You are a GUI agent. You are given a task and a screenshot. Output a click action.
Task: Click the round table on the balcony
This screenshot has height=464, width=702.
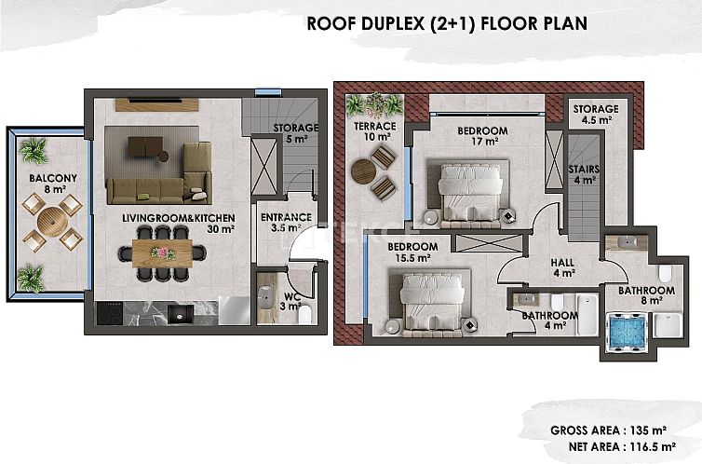53,221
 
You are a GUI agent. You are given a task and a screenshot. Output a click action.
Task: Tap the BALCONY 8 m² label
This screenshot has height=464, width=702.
53,184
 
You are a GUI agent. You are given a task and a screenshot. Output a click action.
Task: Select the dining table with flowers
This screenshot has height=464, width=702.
162,253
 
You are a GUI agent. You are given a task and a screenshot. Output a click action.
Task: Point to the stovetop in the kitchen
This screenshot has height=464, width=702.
110,313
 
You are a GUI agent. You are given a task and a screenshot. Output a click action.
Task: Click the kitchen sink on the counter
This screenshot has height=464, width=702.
181,314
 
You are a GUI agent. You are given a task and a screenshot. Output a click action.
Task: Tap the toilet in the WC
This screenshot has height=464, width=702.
305,314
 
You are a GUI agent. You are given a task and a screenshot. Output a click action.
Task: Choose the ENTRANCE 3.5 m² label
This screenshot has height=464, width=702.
286,223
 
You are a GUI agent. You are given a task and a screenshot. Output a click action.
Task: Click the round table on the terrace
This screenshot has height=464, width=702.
363,171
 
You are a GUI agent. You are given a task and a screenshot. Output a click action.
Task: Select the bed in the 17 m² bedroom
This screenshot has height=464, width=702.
470,194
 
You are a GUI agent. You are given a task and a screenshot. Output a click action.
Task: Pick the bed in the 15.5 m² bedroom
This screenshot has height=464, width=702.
432,303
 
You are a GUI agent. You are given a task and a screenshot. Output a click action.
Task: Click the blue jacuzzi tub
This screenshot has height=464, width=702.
627,332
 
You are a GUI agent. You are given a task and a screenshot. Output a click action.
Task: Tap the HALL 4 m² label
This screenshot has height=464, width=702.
563,267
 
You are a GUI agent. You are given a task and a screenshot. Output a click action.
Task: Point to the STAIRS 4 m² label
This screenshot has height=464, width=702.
585,174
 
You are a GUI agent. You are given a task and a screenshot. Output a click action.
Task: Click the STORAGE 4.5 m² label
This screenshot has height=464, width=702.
596,115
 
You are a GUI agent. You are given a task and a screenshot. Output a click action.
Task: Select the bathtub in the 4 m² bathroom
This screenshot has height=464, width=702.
587,315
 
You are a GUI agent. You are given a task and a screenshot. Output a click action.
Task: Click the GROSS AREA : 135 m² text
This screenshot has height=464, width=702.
609,430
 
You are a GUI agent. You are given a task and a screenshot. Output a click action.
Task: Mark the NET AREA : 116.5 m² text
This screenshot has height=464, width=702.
622,446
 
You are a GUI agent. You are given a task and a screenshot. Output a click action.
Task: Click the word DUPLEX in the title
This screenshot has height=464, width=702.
392,23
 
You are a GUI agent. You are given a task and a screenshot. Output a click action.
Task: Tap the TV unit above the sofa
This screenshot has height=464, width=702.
156,104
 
